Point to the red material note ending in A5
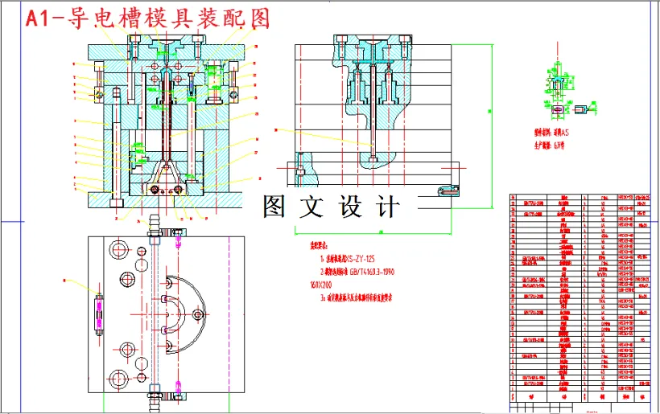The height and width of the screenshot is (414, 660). click(x=552, y=131)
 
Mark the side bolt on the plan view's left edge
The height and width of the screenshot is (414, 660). click(x=99, y=314)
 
